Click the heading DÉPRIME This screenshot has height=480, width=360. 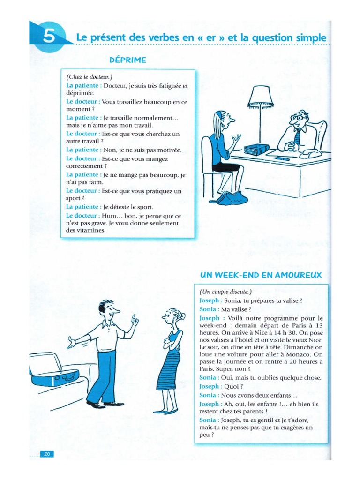(x=127, y=60)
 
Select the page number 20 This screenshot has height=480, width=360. (x=47, y=453)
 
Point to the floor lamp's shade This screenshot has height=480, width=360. (x=260, y=96)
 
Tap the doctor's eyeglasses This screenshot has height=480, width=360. (x=297, y=118)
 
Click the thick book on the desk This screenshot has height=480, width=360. (x=256, y=150)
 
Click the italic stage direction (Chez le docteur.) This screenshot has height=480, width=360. (x=89, y=76)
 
